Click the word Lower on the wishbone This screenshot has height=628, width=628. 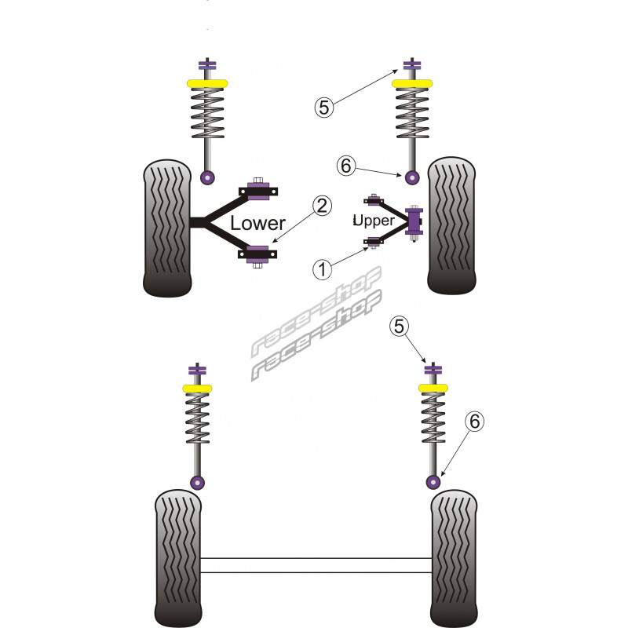click(x=257, y=223)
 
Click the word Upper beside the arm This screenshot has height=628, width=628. click(x=374, y=221)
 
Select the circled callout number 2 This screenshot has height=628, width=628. click(x=320, y=206)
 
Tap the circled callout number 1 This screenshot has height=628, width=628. click(x=321, y=270)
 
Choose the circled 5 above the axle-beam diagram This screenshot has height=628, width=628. click(x=400, y=325)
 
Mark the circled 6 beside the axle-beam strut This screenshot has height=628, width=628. click(x=473, y=422)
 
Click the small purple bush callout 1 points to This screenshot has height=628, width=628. click(x=374, y=241)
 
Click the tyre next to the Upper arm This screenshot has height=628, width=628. click(x=451, y=226)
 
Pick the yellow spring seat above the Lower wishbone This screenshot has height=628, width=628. click(x=206, y=83)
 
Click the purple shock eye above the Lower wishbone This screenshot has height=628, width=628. click(x=207, y=177)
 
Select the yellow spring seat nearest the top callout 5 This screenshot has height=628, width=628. click(x=412, y=83)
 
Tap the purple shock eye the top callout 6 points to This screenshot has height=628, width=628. click(x=412, y=177)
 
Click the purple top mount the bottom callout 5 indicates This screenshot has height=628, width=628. click(x=431, y=370)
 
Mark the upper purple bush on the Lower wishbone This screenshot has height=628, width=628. click(x=258, y=190)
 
